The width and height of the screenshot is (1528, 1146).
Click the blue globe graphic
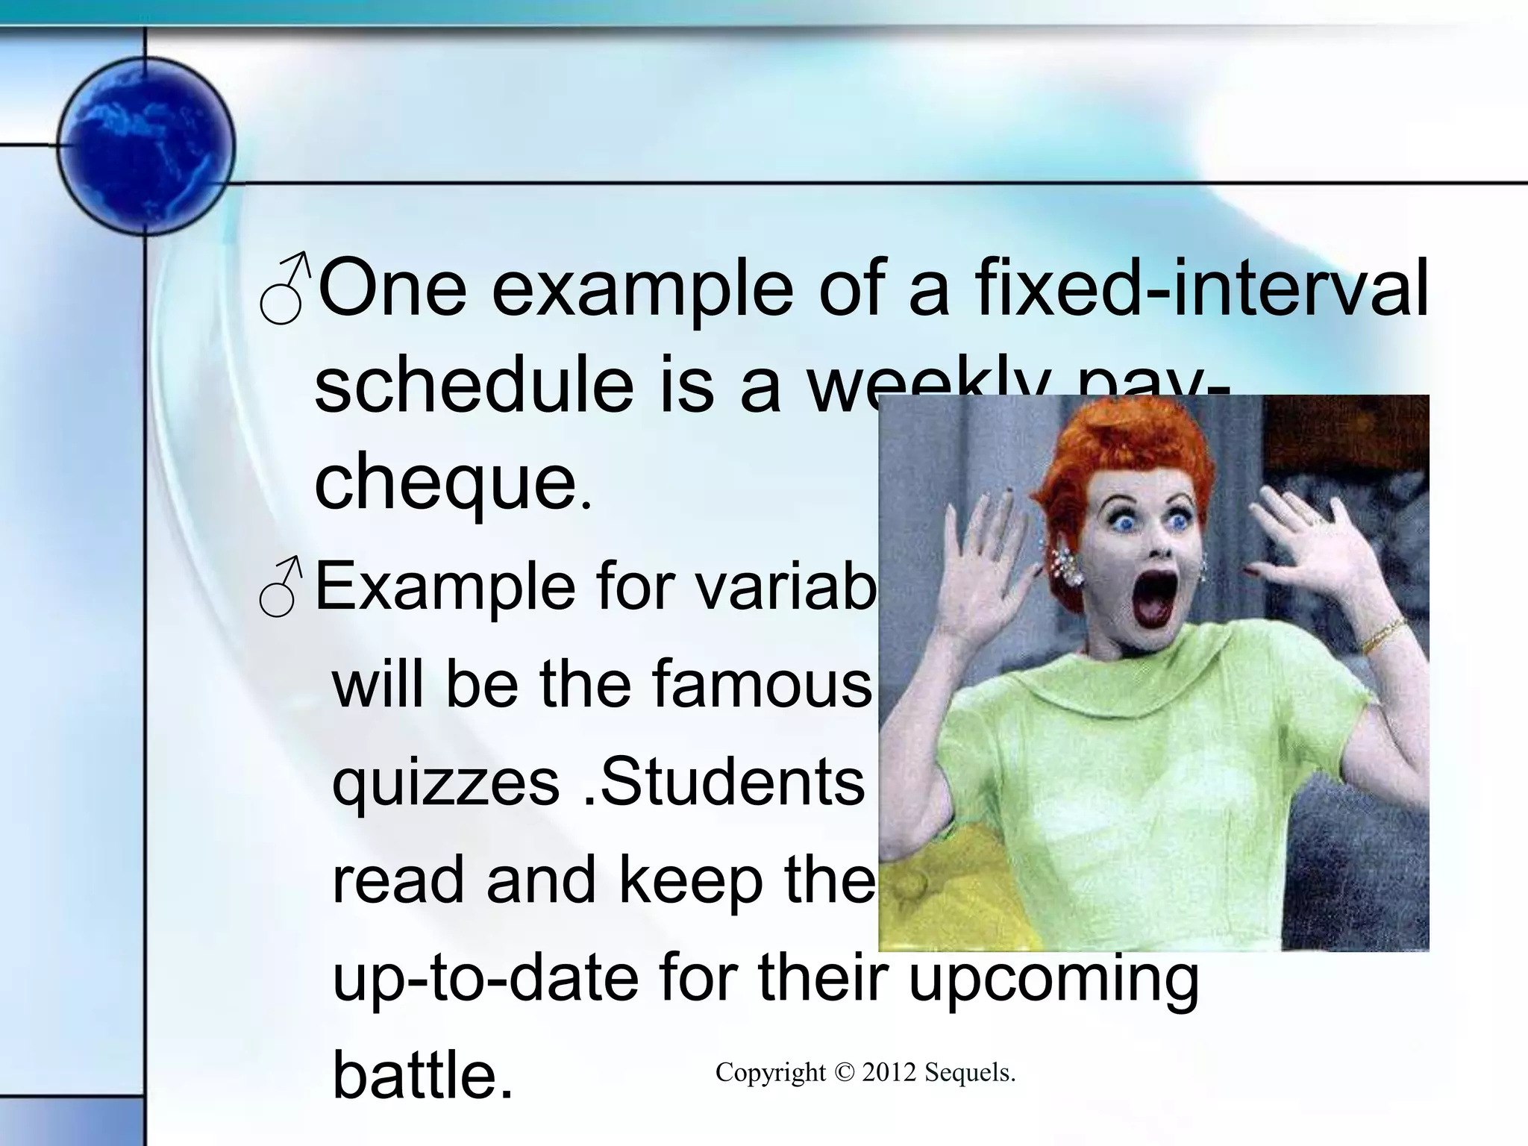(x=146, y=145)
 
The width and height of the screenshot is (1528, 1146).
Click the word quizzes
(x=445, y=783)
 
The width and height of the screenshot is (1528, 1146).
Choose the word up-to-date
(x=485, y=977)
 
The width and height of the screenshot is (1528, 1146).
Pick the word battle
(x=422, y=1074)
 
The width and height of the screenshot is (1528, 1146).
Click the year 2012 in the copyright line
(x=889, y=1073)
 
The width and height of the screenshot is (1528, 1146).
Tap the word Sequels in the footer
(x=970, y=1073)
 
